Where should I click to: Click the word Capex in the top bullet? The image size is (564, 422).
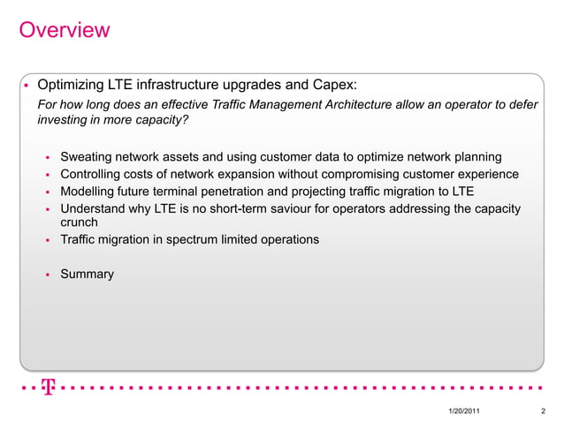332,86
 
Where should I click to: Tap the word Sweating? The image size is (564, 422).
88,157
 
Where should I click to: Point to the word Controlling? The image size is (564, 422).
93,175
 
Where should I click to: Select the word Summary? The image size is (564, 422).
87,275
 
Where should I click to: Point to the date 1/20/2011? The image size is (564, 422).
466,411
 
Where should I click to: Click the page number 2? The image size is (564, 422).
541,411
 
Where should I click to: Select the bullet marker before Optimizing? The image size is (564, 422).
27,87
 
